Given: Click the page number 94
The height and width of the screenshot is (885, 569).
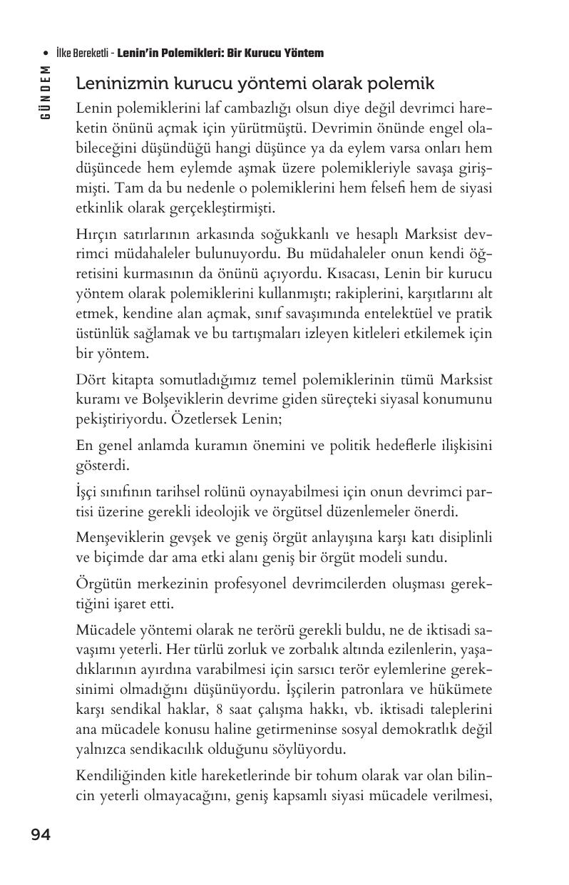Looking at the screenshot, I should coord(41,834).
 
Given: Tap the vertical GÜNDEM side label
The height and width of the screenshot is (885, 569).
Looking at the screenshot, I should coord(45,93).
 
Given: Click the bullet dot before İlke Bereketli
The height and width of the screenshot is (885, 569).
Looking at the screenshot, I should coord(46,53).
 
